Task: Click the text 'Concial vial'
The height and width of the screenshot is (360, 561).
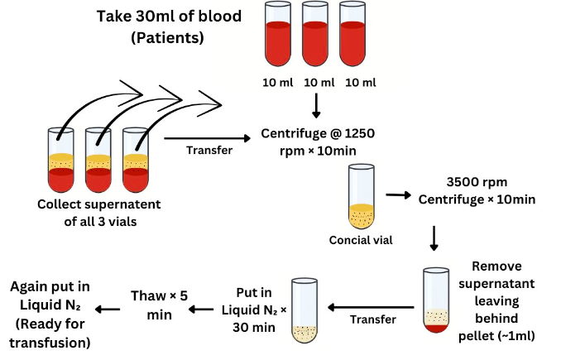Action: coord(360,241)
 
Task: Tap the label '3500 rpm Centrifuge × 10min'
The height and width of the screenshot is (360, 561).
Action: coord(477,190)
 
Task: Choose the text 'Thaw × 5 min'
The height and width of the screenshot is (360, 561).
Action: coord(161,303)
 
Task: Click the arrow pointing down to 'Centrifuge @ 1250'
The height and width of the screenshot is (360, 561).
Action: coord(317,106)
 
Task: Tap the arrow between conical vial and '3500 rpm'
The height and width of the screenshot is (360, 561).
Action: coord(399,195)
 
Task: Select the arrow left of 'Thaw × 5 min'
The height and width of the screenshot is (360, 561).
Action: coord(108,310)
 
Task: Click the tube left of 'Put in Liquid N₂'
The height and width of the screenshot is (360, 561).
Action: coord(304,310)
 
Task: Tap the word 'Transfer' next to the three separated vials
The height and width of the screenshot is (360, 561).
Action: coord(209,151)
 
